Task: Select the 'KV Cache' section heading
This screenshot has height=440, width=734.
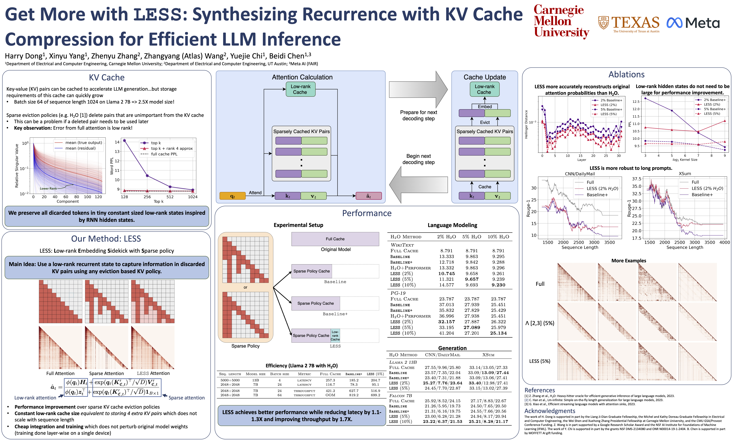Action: coord(107,77)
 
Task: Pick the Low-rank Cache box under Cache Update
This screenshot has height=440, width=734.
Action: coord(484,89)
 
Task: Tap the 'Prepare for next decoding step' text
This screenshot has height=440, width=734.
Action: coord(418,115)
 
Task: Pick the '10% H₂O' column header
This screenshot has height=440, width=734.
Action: coord(498,237)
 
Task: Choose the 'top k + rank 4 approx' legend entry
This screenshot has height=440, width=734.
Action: coord(171,148)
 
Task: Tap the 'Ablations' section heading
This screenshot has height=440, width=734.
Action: coord(626,74)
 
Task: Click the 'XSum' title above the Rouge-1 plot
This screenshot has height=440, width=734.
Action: coord(685,173)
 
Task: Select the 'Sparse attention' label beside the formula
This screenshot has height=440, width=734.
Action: coord(186,398)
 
